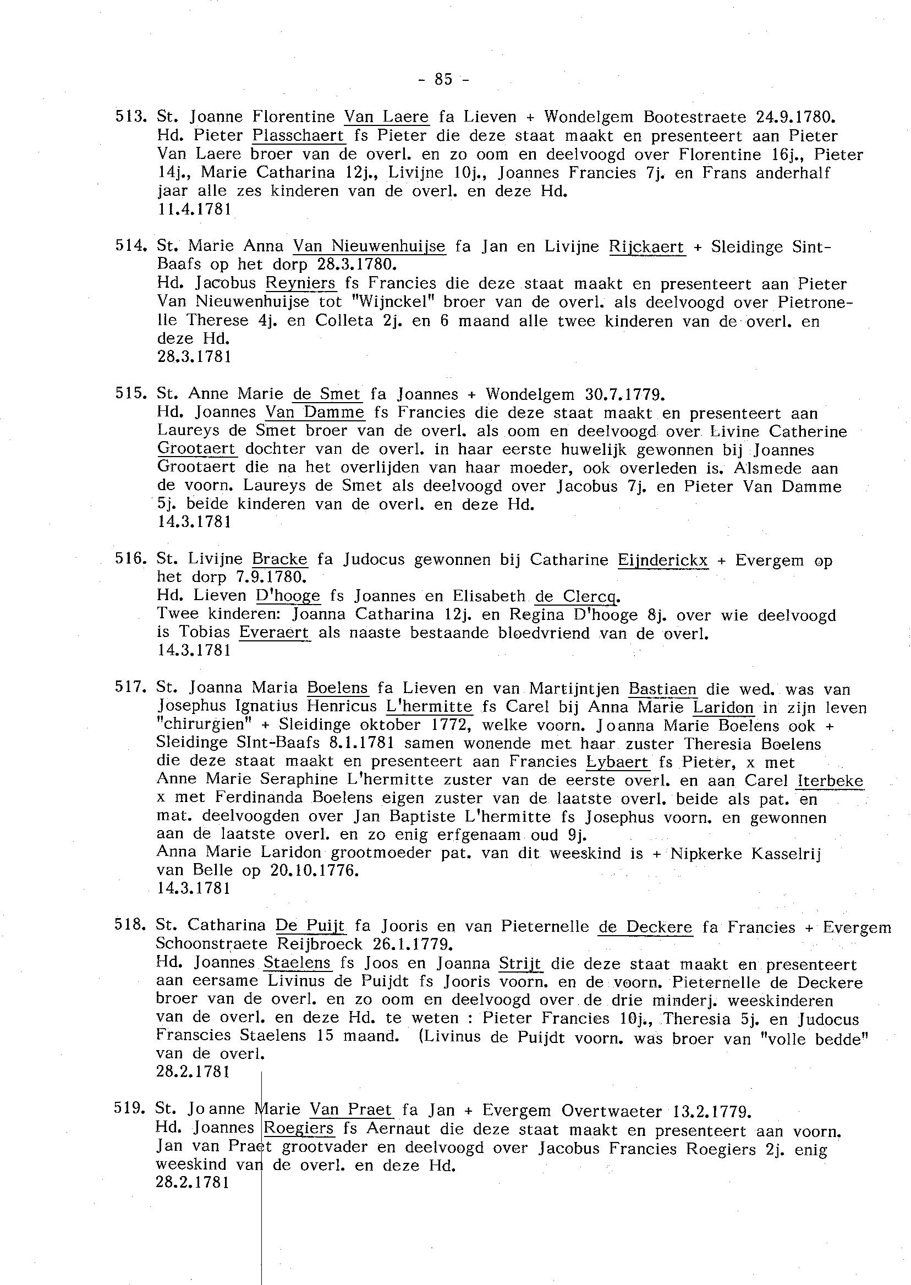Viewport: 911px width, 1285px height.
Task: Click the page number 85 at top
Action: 443,80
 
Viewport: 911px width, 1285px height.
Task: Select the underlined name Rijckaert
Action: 647,247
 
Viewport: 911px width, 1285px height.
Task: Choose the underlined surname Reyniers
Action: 301,283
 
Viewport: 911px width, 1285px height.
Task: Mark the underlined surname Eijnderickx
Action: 663,560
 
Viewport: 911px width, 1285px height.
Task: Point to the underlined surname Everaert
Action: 275,633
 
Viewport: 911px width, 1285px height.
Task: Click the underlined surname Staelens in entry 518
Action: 298,963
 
